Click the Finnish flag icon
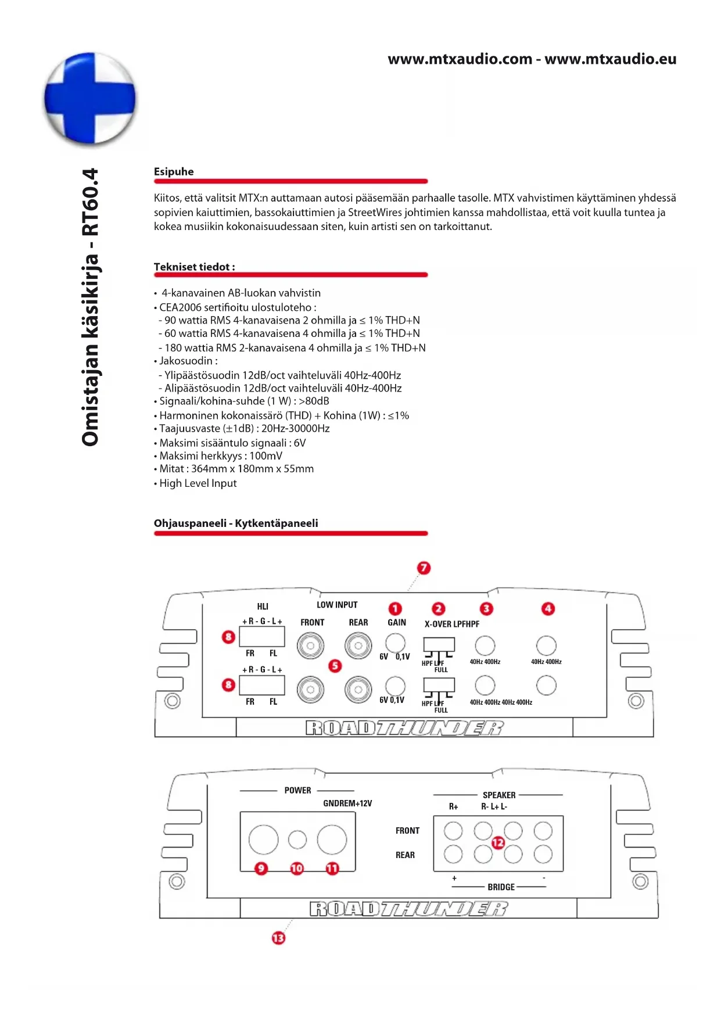pos(90,98)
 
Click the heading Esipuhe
pos(174,171)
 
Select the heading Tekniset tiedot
pos(194,267)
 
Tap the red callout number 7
pos(424,568)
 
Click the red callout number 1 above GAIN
pos(395,608)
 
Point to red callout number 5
pos(335,666)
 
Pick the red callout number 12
pos(498,842)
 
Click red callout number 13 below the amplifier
pos(279,938)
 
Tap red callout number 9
pos(261,868)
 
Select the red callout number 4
pos(548,608)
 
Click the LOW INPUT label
pos(337,605)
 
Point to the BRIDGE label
pos(501,887)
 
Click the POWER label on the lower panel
pos(297,790)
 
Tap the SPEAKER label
pos(499,795)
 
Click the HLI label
pos(263,607)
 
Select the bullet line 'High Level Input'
pos(198,483)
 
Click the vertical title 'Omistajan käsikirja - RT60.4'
pos(91,307)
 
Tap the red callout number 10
pos(297,868)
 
